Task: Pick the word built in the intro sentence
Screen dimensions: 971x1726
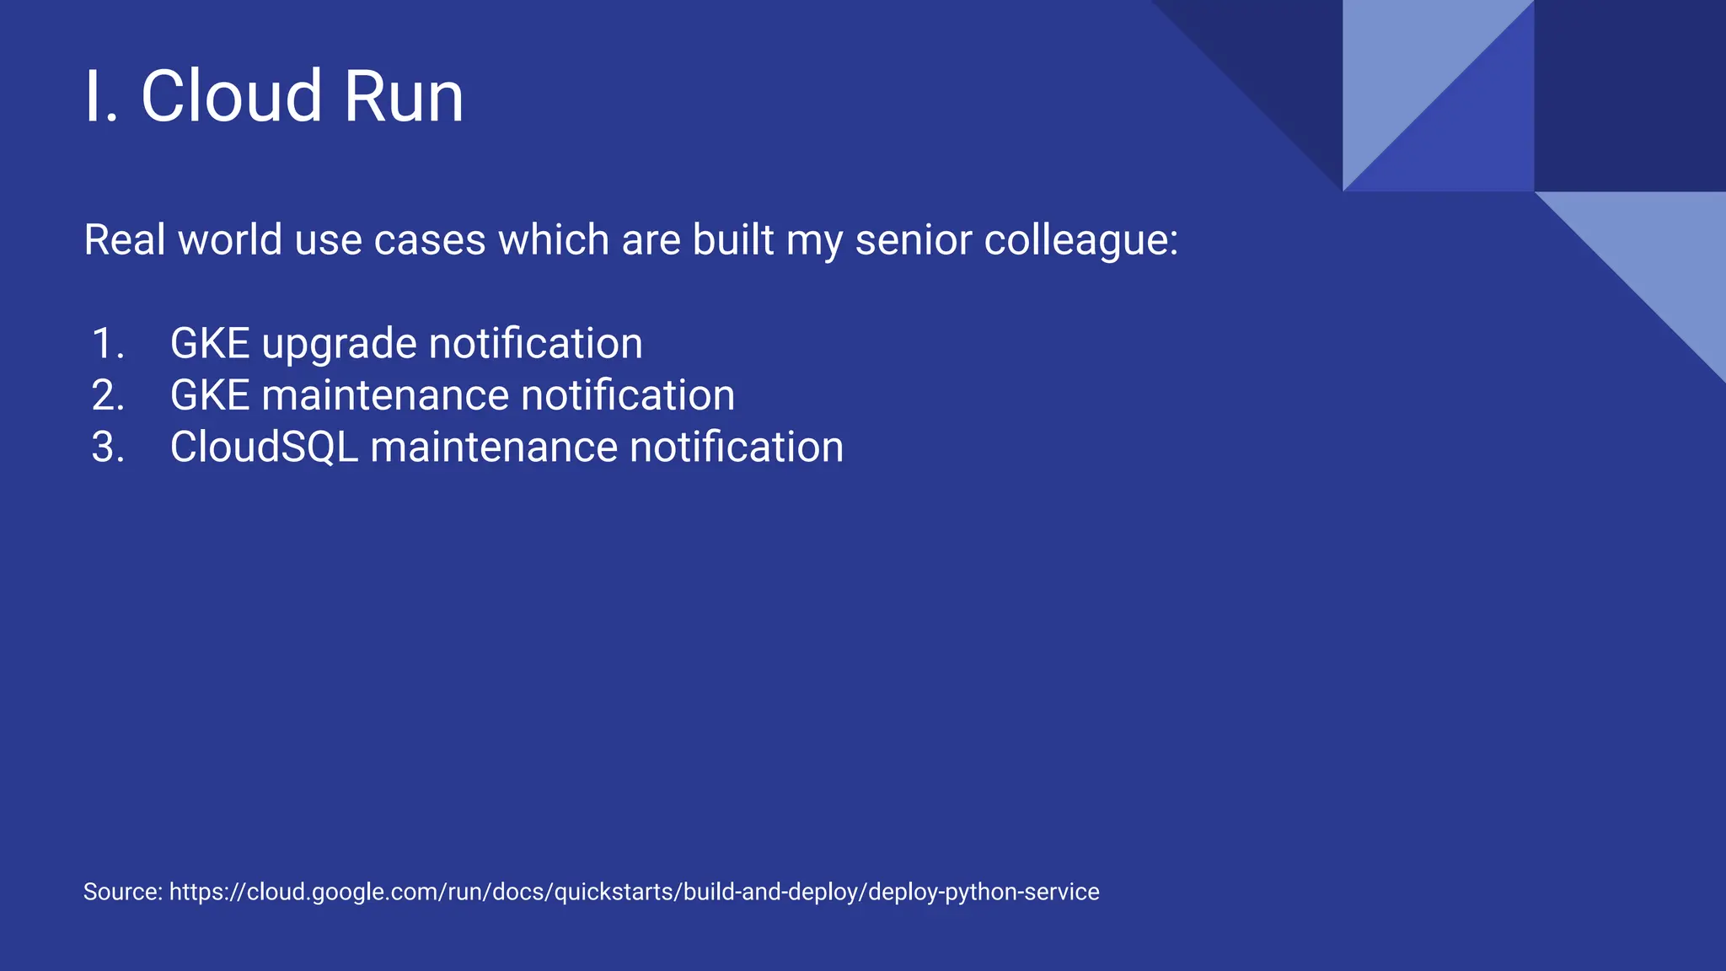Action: pos(732,240)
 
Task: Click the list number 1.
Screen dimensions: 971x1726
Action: pos(108,344)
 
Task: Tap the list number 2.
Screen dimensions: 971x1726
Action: pos(108,395)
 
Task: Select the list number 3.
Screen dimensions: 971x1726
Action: pos(108,447)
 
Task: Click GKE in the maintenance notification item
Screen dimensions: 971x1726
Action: pos(210,395)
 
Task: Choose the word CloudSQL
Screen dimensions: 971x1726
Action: pos(264,447)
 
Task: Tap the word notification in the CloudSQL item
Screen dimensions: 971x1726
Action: pos(736,447)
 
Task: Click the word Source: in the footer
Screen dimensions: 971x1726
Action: pos(123,892)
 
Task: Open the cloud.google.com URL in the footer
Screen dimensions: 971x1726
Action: pos(634,892)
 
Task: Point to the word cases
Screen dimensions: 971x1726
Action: pos(429,240)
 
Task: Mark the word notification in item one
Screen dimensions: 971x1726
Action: pos(535,344)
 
